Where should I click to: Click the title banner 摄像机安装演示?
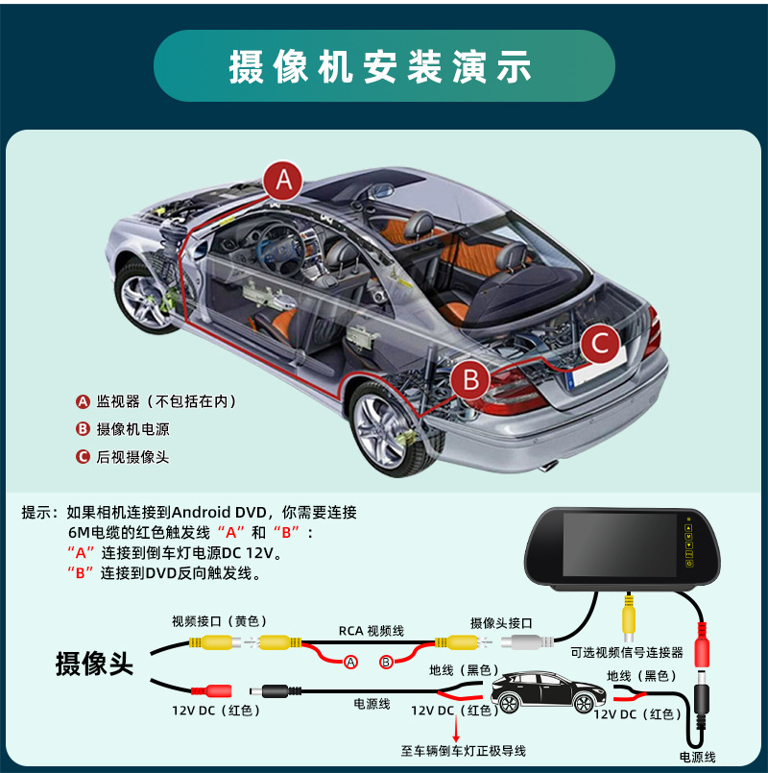384,66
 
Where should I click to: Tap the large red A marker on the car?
283,180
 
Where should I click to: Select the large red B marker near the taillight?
470,379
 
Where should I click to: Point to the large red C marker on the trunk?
599,343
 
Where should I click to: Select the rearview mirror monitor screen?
619,544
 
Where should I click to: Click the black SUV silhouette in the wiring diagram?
547,691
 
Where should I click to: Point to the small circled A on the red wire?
350,662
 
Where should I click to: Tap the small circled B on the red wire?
386,662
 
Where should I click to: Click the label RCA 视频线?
372,631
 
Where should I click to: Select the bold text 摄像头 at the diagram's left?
94,664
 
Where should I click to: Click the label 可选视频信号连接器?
627,652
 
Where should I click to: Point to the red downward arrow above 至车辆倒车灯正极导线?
456,728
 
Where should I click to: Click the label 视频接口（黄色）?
218,621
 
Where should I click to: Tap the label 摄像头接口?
501,623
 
